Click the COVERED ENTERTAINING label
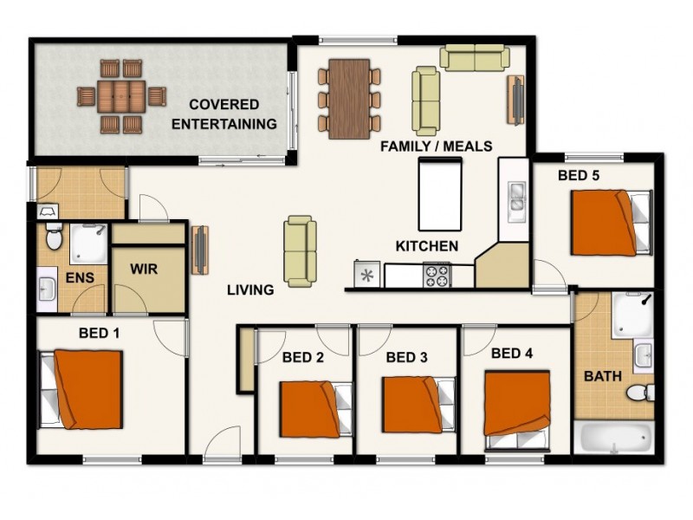coord(223,114)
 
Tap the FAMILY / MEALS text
coord(437,146)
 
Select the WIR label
coord(144,269)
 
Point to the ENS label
coord(80,278)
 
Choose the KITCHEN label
coord(426,246)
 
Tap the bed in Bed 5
coord(608,223)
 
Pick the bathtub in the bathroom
coord(615,439)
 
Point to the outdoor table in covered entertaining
coord(120,95)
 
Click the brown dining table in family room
coord(349,98)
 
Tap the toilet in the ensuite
coord(54,235)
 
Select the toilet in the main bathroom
coord(639,393)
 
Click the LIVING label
coord(251,290)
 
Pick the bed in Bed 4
coord(516,403)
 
